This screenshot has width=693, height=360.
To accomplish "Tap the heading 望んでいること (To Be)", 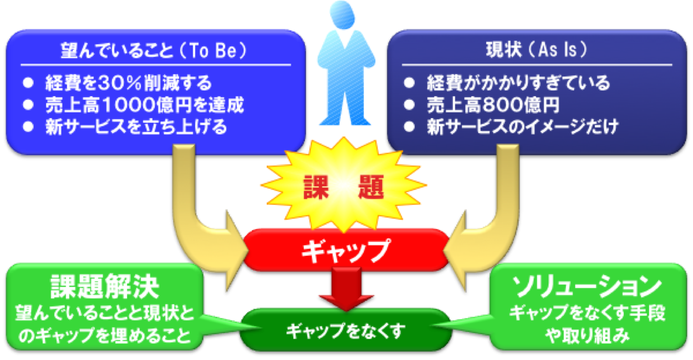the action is pyautogui.click(x=154, y=50).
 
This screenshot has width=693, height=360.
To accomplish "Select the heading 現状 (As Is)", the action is pyautogui.click(x=536, y=49).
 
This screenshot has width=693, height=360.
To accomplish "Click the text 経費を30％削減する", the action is pyautogui.click(x=129, y=83).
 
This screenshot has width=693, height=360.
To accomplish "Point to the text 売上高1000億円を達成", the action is pyautogui.click(x=145, y=105).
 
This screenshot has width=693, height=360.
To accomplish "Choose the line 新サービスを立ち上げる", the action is pyautogui.click(x=136, y=126).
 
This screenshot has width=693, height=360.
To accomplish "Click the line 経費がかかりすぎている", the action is pyautogui.click(x=518, y=83).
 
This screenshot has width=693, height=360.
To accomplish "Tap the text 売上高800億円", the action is pyautogui.click(x=493, y=105).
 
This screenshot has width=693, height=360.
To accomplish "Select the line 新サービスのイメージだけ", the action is pyautogui.click(x=523, y=126).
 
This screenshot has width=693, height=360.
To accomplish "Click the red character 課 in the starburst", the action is pyautogui.click(x=316, y=187).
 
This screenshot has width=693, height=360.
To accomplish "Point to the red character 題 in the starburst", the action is pyautogui.click(x=371, y=187).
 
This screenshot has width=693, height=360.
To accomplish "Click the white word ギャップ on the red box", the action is pyautogui.click(x=346, y=251).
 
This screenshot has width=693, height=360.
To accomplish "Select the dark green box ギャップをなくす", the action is pyautogui.click(x=345, y=330).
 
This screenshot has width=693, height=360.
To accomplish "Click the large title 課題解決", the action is pyautogui.click(x=105, y=286).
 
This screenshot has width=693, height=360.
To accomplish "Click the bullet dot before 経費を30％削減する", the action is pyautogui.click(x=28, y=83).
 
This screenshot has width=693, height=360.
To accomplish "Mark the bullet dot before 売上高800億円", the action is pyautogui.click(x=409, y=105).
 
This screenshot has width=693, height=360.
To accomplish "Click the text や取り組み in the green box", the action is pyautogui.click(x=587, y=336).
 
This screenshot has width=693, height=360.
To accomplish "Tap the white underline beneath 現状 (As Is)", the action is pyautogui.click(x=537, y=65).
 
